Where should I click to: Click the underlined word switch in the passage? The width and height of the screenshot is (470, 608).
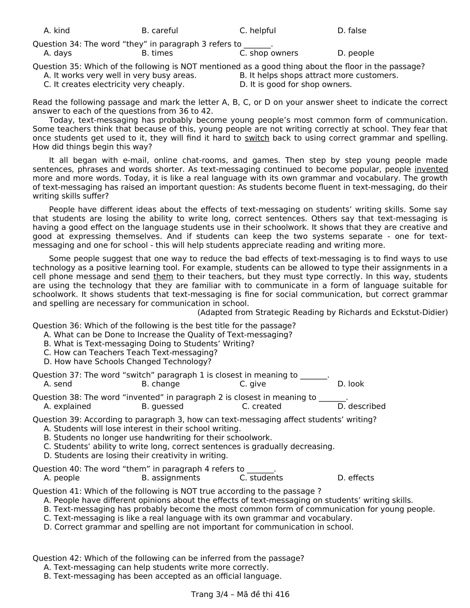click(x=257, y=138)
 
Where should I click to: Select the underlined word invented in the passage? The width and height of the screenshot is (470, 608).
click(x=431, y=169)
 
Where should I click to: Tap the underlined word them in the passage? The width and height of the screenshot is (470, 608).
click(x=163, y=277)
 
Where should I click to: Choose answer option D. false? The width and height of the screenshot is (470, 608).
click(x=352, y=31)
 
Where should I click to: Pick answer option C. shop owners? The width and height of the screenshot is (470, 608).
click(x=269, y=53)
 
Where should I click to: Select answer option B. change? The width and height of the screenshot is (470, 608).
click(x=160, y=384)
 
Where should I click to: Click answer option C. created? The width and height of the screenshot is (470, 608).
click(x=262, y=406)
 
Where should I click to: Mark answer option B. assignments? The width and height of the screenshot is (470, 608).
click(x=171, y=478)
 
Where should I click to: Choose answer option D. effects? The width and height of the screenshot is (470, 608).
click(x=356, y=478)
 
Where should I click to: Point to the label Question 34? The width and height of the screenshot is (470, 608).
click(x=57, y=44)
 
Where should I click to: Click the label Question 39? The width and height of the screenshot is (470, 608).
click(x=57, y=420)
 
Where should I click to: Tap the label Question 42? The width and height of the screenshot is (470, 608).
click(x=57, y=558)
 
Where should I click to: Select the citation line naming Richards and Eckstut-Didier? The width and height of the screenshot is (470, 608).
click(x=323, y=312)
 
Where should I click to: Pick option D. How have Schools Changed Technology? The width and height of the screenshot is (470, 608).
click(x=127, y=361)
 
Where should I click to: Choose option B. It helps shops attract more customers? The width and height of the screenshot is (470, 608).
click(x=319, y=75)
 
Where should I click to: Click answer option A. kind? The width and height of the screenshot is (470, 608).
click(x=57, y=31)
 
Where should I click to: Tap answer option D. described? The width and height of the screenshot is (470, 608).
click(x=361, y=406)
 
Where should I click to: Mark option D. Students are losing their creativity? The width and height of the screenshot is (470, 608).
click(x=136, y=455)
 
